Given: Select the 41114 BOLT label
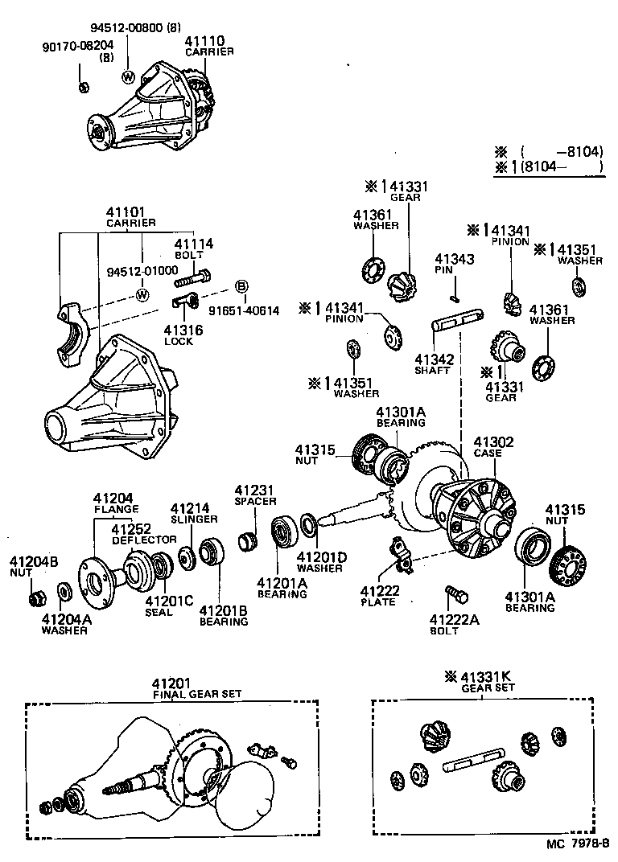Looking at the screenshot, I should (193, 248).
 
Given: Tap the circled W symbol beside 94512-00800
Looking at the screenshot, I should (128, 76).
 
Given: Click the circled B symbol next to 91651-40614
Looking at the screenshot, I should (241, 286).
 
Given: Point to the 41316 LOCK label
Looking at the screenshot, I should (183, 335).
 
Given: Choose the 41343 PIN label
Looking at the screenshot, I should (454, 265).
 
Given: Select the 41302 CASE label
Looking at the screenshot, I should (492, 447).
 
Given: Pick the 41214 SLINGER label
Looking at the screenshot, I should (191, 513).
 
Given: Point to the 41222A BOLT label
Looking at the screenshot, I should (454, 624).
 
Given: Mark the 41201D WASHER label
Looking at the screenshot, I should (321, 561).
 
